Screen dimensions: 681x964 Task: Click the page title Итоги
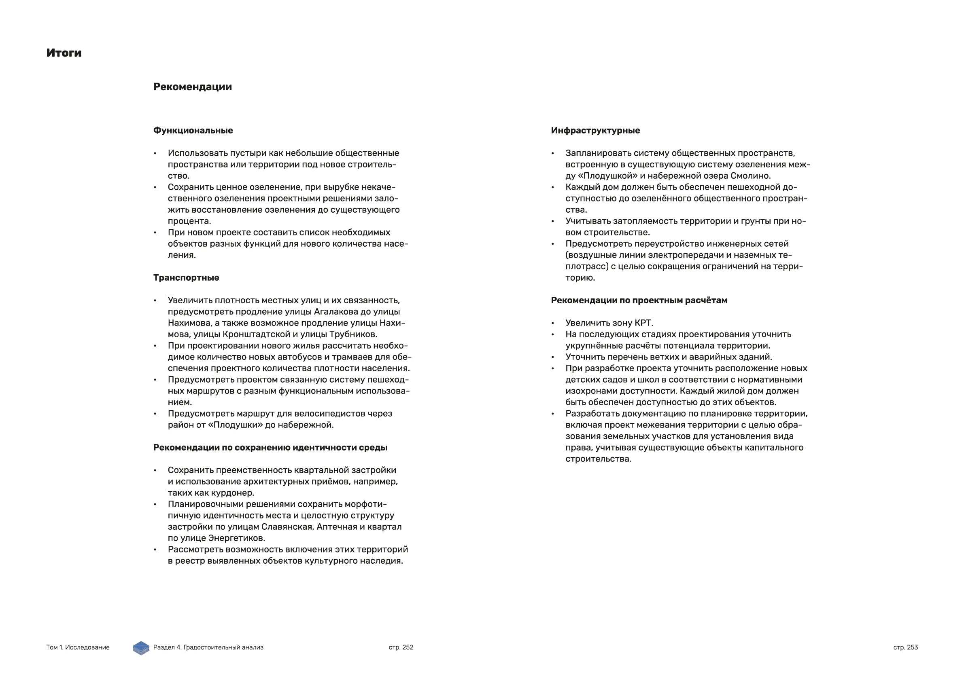[64, 53]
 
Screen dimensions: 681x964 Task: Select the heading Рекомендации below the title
[192, 87]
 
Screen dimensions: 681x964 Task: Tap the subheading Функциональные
[193, 131]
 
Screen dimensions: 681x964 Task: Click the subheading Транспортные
[186, 278]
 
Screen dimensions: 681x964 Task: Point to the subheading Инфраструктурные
[595, 131]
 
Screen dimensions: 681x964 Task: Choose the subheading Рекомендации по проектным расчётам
[639, 300]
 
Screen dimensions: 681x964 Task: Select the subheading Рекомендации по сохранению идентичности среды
[270, 448]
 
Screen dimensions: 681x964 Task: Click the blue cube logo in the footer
[141, 648]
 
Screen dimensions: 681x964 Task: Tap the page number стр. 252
[401, 647]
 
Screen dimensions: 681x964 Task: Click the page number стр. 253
[905, 647]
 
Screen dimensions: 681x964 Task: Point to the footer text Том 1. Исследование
[78, 647]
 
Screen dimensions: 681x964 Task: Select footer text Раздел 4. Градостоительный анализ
[208, 647]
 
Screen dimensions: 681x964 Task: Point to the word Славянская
[287, 527]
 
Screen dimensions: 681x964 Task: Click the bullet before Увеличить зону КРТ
[552, 323]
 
